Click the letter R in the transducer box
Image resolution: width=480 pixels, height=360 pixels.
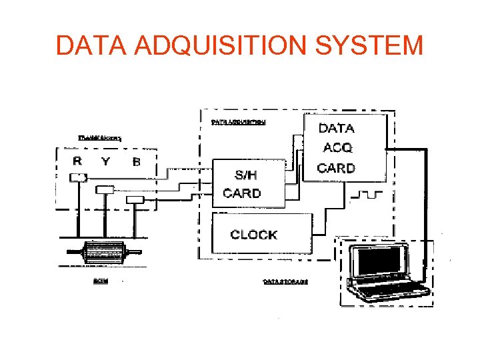point(77,161)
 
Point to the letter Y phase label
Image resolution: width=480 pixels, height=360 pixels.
point(106,161)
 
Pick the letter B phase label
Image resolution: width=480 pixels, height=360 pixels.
point(136,161)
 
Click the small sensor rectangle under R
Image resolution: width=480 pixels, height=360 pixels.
point(78,177)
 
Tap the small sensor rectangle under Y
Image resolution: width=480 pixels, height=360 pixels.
point(105,189)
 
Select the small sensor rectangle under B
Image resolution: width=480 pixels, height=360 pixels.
point(135,199)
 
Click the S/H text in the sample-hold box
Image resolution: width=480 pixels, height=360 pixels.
point(245,175)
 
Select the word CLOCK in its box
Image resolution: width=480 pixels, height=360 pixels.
point(253,235)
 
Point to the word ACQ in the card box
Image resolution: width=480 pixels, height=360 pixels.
point(337,147)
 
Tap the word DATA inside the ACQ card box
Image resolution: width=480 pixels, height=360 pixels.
point(337,128)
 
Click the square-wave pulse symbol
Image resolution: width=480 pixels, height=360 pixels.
point(365,195)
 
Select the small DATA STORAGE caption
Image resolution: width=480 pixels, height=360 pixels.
point(286,281)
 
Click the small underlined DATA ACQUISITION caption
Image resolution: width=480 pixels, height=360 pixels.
point(238,122)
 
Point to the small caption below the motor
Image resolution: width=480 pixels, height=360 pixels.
point(100,281)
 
